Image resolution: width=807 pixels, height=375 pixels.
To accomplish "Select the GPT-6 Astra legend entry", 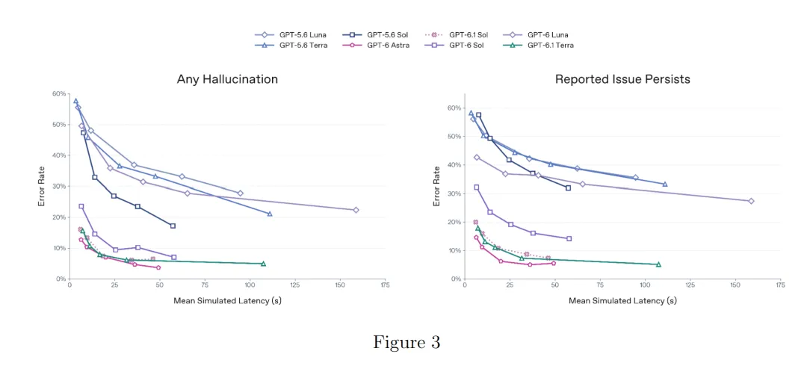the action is [376, 46].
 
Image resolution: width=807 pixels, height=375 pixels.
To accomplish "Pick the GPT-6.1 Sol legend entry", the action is [456, 35].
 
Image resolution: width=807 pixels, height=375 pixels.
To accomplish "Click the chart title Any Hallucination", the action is [227, 79].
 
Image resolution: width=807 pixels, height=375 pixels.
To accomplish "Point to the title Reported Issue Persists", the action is [622, 79].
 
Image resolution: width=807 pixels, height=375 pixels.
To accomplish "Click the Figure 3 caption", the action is [406, 343].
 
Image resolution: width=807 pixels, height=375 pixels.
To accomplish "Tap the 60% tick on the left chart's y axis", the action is [59, 93].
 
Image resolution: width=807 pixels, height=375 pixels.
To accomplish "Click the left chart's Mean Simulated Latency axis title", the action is [227, 301].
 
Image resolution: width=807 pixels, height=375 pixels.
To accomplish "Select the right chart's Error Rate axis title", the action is [437, 186].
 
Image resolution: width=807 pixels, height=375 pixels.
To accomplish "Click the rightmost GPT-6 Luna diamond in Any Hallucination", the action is [356, 210].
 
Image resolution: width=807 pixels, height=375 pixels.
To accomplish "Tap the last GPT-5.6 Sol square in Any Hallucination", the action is [173, 226].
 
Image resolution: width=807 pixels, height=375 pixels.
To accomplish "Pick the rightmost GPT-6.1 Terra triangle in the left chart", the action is [263, 264].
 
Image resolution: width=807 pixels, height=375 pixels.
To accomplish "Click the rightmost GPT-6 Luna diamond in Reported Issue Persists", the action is [751, 201].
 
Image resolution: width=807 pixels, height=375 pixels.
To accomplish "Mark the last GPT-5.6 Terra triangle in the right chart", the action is [665, 184].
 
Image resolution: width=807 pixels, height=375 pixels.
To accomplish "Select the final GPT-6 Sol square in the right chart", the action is [569, 239].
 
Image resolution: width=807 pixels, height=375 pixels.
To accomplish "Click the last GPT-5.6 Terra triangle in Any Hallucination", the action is [270, 214].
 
